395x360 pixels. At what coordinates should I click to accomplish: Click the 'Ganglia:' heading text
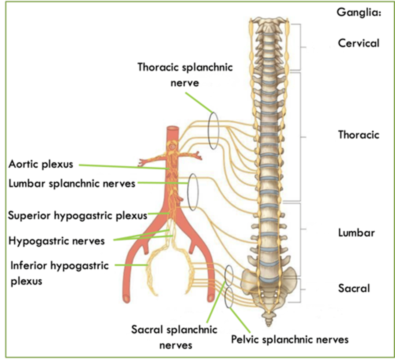(x=359, y=12)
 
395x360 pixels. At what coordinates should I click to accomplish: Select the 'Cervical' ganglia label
(x=358, y=43)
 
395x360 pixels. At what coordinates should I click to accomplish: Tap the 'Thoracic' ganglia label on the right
(x=358, y=135)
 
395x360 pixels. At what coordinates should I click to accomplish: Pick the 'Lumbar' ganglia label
(x=356, y=233)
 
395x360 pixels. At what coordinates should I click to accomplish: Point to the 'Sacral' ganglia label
(x=354, y=288)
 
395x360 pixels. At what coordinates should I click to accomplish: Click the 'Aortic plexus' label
(x=41, y=164)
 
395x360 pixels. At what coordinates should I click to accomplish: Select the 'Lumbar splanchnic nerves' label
(x=72, y=183)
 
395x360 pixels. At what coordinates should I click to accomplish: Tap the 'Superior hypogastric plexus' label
(x=78, y=215)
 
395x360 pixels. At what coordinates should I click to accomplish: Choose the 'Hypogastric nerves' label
(x=57, y=241)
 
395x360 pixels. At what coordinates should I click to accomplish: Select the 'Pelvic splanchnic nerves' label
(x=290, y=340)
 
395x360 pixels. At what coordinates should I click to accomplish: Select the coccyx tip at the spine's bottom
(x=269, y=324)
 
